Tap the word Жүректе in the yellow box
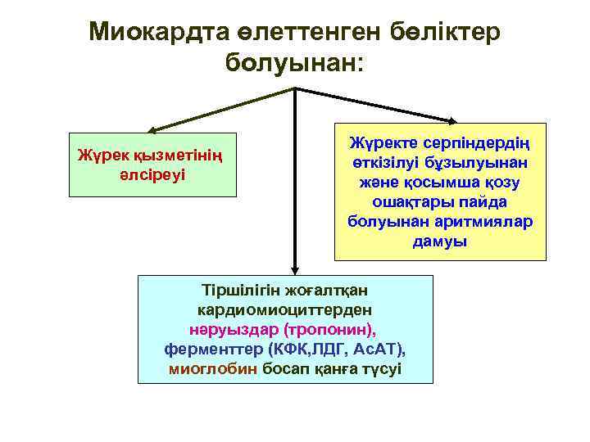tap(381, 144)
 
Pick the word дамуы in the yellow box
tap(440, 241)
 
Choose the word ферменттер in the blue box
tap(213, 350)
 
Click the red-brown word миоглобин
tap(213, 369)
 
